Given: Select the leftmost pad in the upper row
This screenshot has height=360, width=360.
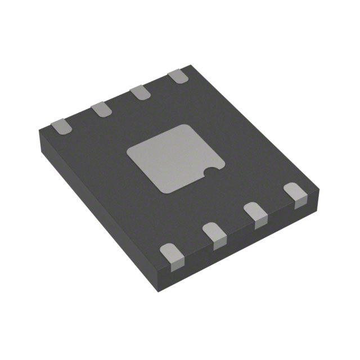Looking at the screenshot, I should pos(61,127).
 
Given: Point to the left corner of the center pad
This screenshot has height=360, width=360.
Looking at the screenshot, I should pos(128,152).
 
